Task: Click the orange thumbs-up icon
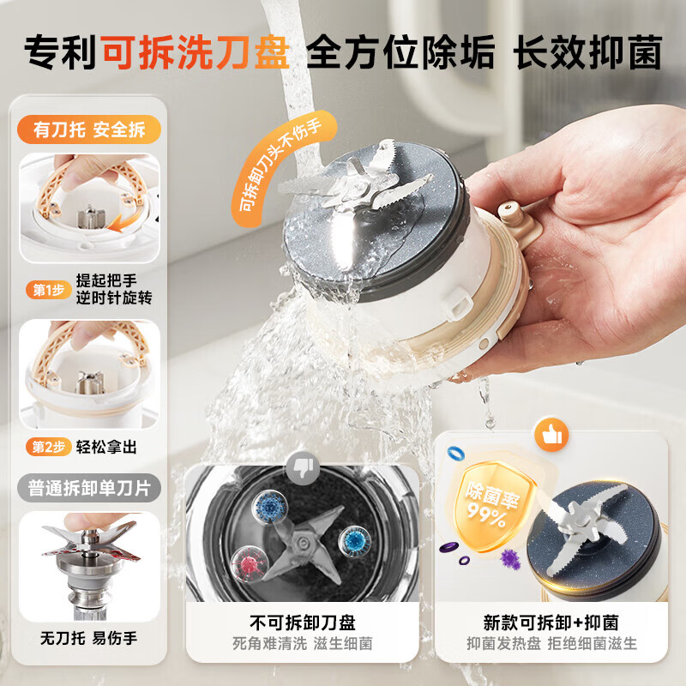tap(551, 435)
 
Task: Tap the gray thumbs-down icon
tap(303, 467)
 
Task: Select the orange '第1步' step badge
tap(49, 290)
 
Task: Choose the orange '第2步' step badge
tap(49, 447)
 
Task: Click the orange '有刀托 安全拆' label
tap(89, 129)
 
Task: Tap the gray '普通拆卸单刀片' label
tap(89, 488)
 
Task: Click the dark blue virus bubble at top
tap(270, 508)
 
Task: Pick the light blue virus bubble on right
tap(355, 541)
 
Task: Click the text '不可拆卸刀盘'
tap(303, 623)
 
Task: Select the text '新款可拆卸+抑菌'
tap(551, 623)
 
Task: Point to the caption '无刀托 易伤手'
tap(89, 638)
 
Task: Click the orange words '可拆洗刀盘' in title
tap(196, 52)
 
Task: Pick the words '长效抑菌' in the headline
tap(589, 52)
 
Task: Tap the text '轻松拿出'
tap(106, 447)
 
